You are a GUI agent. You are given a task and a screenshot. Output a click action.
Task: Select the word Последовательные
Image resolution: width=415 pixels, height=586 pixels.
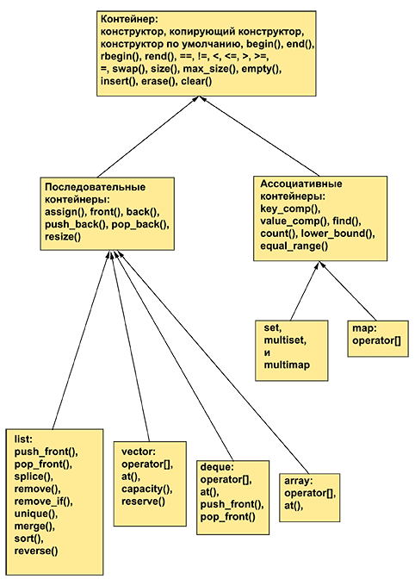tap(96, 187)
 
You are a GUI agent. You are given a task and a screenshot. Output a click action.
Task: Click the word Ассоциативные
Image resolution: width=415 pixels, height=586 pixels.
tap(301, 184)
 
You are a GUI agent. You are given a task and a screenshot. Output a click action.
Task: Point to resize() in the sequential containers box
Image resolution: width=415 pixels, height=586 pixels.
tap(63, 237)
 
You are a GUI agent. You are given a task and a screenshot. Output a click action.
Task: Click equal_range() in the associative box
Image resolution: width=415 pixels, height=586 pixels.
tap(294, 246)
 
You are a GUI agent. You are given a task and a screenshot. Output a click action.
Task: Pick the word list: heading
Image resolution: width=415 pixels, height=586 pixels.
tap(23, 439)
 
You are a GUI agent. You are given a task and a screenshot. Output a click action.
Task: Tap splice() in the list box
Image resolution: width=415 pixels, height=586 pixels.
tap(34, 477)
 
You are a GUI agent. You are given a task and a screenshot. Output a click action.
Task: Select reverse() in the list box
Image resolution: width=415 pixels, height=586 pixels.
tap(36, 551)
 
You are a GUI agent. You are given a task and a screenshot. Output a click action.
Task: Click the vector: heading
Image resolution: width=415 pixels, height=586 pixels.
tap(139, 452)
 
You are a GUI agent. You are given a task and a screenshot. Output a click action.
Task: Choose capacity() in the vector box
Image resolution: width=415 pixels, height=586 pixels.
tap(147, 489)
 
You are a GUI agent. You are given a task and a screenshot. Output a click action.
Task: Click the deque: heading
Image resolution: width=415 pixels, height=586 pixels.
tap(217, 467)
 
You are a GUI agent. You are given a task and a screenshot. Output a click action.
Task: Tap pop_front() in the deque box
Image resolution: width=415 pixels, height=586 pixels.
tap(228, 517)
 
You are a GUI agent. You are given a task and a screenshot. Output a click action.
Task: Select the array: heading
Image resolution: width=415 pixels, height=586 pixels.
tap(299, 481)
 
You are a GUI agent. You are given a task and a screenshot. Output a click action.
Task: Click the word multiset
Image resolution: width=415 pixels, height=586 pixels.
tap(285, 341)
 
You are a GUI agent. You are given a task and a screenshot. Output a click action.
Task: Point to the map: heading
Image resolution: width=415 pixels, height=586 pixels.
tap(363, 328)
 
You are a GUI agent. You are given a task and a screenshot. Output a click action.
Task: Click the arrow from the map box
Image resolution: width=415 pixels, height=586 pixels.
tap(348, 292)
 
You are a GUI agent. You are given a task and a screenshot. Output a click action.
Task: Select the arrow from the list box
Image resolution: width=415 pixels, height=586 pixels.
tap(80, 340)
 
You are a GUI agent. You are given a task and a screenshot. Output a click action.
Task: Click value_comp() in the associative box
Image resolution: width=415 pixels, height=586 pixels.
tap(294, 221)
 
